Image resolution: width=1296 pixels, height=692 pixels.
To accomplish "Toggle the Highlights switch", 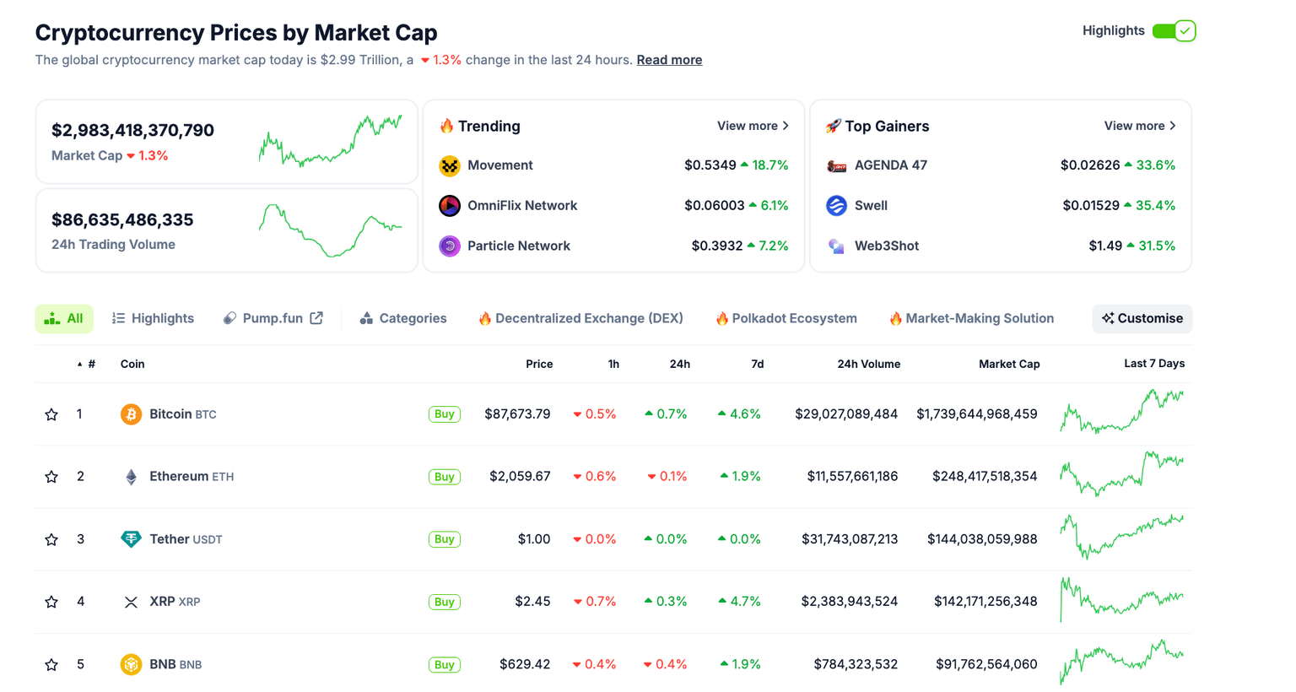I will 1174,31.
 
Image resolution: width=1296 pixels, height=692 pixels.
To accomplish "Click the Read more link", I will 669,60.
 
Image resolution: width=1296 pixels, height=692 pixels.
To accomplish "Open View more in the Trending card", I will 753,126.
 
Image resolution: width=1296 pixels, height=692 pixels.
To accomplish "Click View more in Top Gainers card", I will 1140,126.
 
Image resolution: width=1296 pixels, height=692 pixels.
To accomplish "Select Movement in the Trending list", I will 499,165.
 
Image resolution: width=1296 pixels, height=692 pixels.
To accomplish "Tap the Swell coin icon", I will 836,206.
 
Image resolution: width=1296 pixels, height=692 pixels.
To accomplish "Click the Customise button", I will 1142,319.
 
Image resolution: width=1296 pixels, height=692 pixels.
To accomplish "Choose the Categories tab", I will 403,319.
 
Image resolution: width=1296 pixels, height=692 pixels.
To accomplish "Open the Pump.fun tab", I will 273,319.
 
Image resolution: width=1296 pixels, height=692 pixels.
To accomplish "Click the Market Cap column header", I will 1008,365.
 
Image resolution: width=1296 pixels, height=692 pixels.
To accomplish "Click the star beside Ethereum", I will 51,477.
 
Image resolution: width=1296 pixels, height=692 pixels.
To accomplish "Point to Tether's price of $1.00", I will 533,539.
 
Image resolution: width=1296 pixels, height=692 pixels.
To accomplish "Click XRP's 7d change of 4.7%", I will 739,602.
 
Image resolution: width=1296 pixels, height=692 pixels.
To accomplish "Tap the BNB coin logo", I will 131,665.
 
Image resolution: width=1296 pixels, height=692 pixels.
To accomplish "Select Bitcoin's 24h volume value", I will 845,414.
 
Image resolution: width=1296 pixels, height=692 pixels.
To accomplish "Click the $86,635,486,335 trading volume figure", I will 122,220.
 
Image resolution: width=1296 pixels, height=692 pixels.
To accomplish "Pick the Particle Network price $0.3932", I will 716,246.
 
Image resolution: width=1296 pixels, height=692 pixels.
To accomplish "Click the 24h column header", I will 679,365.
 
